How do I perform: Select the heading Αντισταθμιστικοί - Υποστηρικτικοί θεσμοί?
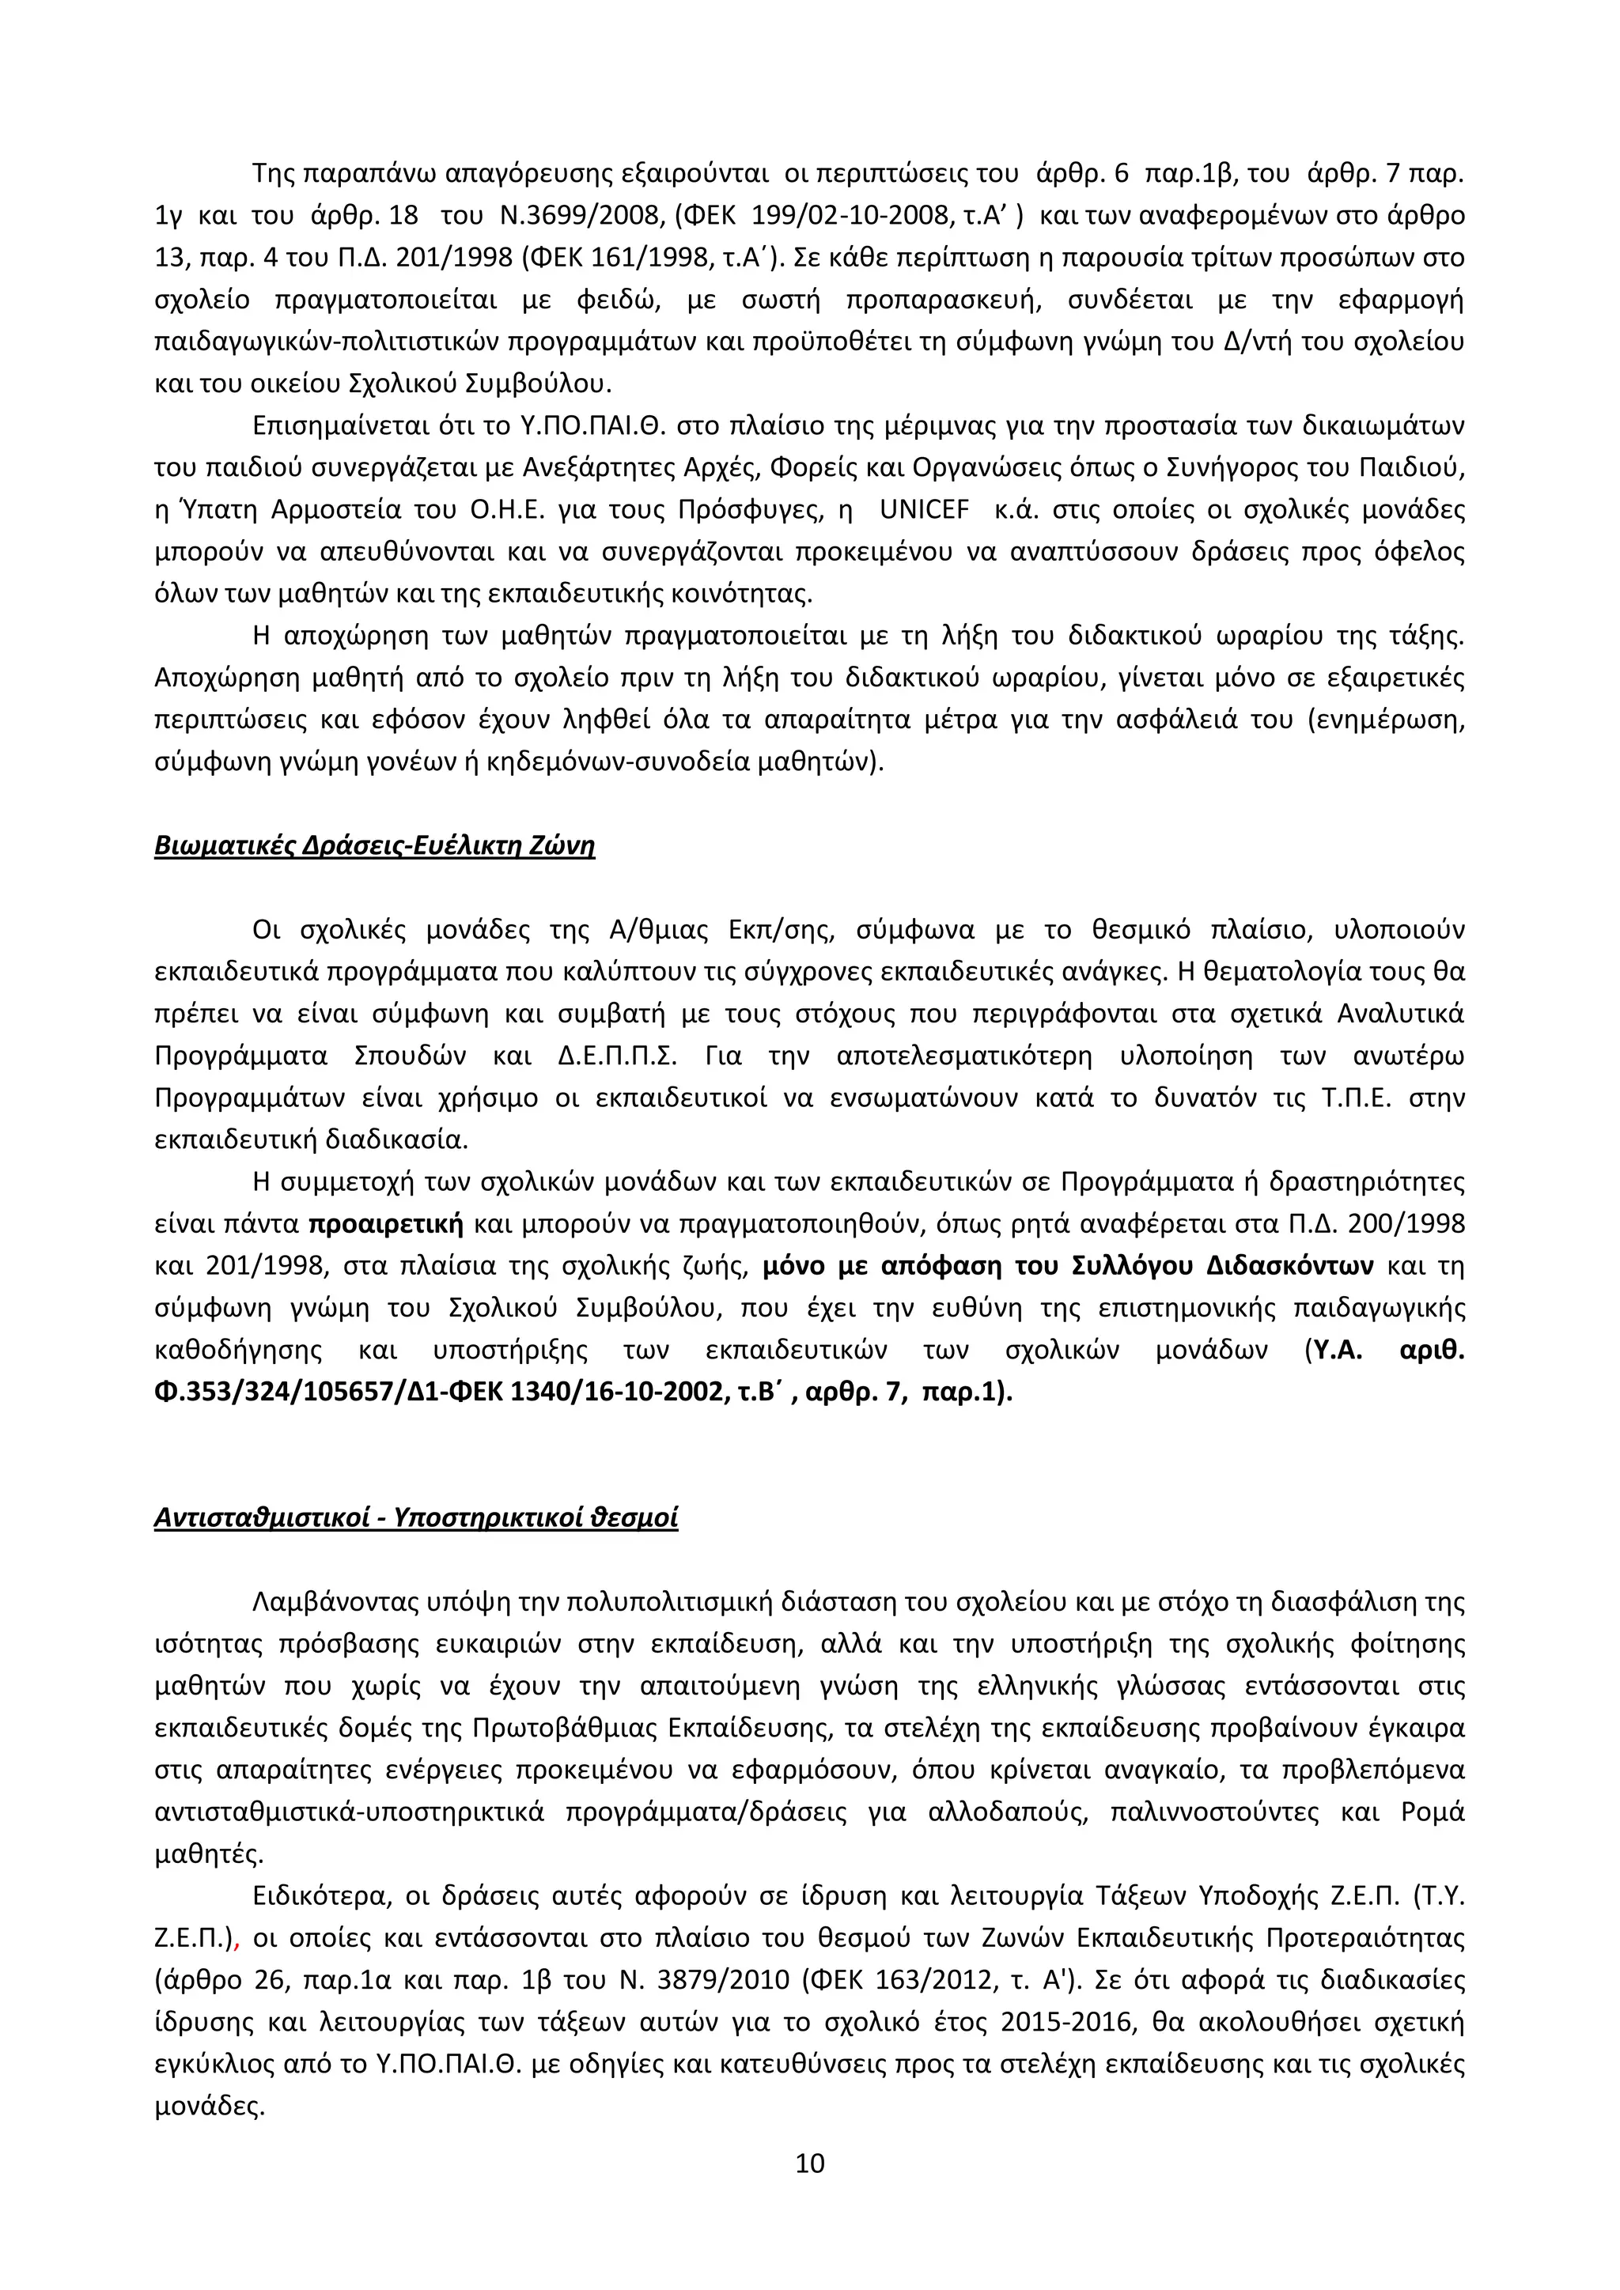click(x=416, y=1518)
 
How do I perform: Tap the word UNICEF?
click(x=924, y=510)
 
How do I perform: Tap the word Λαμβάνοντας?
click(x=336, y=1603)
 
